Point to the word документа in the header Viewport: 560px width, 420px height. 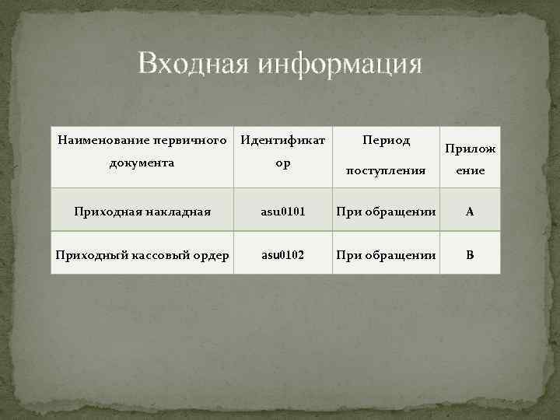142,163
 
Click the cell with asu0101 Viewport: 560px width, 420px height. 283,210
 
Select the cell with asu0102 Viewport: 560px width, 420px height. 283,254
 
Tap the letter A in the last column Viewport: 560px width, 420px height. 469,210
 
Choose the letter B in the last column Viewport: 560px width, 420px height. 469,254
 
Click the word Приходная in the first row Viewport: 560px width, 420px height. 107,210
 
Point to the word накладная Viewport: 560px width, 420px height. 178,210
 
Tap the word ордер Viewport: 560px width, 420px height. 212,254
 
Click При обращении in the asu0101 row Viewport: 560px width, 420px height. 387,210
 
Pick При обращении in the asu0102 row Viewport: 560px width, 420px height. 387,254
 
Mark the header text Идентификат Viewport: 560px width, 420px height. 283,142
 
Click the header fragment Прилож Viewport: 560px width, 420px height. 470,148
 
